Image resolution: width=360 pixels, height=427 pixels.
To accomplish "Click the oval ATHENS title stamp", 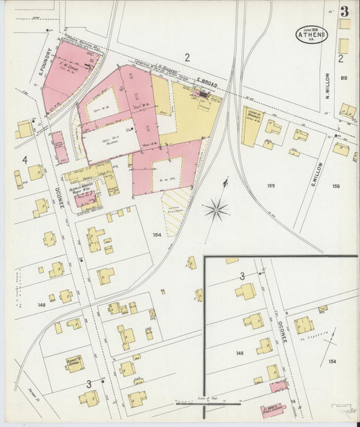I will tap(311, 34).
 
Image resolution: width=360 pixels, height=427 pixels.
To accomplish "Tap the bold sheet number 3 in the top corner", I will tap(344, 11).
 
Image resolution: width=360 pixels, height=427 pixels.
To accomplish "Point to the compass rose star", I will tap(216, 209).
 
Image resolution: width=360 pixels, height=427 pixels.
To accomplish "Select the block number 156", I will tap(336, 186).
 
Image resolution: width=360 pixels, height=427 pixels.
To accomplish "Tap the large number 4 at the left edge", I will tap(25, 160).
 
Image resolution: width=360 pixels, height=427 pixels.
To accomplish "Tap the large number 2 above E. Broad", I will tap(187, 57).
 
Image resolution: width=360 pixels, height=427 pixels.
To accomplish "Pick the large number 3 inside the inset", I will tap(242, 276).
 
